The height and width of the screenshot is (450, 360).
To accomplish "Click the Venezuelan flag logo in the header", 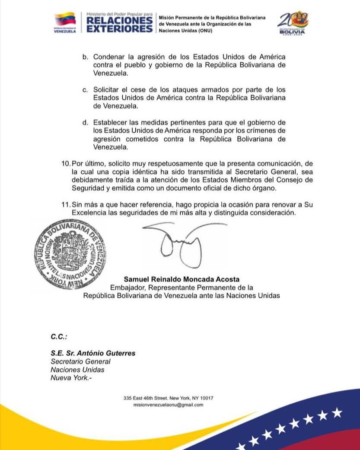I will click(65, 20).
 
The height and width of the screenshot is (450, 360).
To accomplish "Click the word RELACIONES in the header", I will click(119, 20).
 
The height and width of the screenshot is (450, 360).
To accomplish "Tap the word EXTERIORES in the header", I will click(119, 29).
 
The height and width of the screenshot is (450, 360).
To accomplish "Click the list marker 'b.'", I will click(85, 57).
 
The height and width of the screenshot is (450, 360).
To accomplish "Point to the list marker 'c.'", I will click(85, 89).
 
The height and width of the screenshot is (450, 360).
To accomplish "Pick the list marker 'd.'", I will click(85, 122).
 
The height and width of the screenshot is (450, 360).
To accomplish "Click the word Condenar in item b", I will click(109, 57).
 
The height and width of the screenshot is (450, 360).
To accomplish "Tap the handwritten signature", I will click(177, 246).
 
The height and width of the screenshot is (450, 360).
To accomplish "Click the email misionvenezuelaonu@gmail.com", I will click(169, 405).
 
